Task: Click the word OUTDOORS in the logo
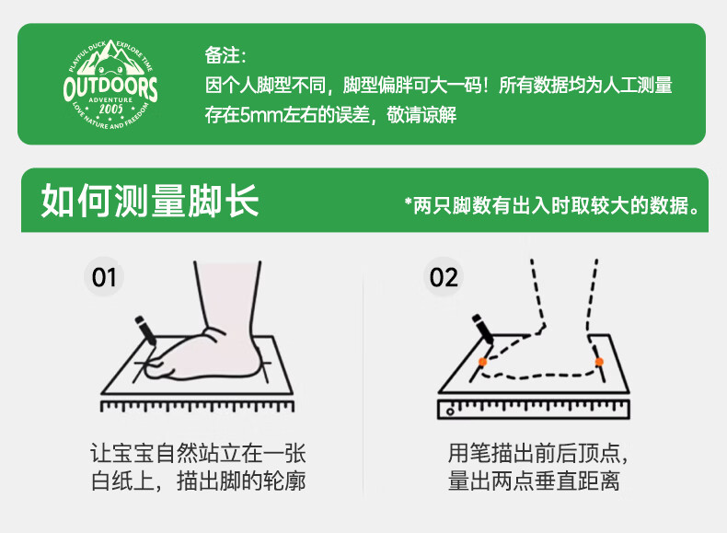110,87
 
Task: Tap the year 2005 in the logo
110,109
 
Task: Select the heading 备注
225,55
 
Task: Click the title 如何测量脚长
150,201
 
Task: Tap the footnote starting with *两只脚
552,205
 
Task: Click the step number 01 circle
104,277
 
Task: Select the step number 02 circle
444,277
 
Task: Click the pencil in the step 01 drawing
145,330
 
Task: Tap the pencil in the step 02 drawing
483,329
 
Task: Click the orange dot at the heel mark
599,362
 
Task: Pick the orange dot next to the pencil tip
482,362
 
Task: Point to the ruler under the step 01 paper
197,406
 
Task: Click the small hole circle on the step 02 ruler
450,411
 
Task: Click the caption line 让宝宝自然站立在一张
198,453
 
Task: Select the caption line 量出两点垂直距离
534,481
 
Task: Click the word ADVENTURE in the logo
110,99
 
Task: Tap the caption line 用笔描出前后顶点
537,453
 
